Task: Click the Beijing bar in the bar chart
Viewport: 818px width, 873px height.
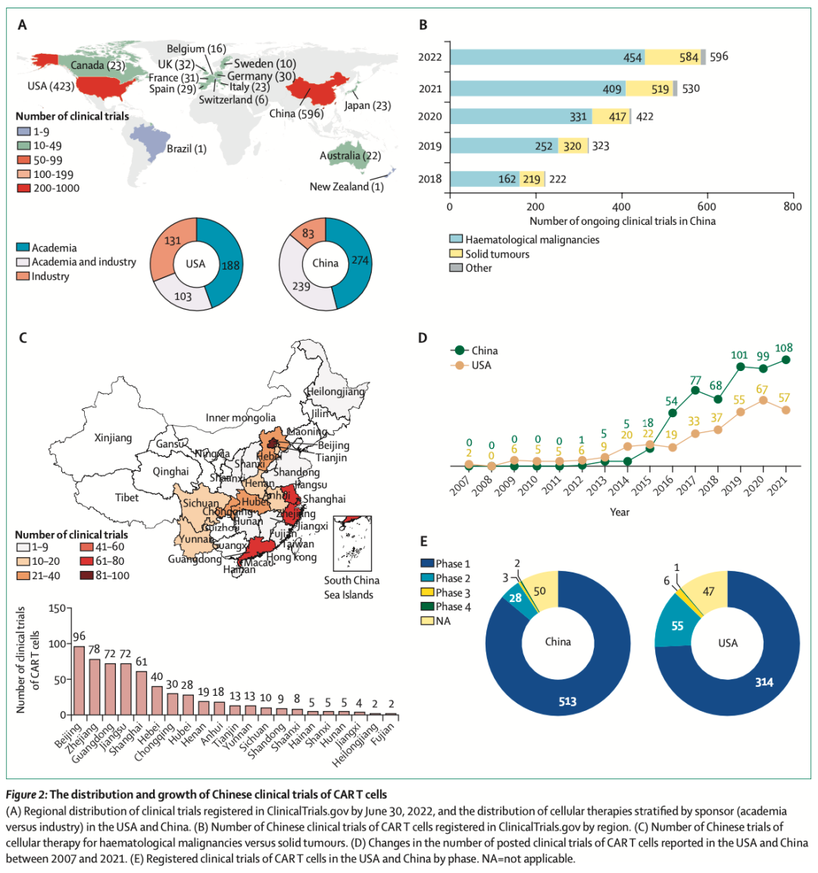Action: pyautogui.click(x=79, y=680)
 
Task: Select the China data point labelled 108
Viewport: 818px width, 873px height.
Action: pyautogui.click(x=785, y=360)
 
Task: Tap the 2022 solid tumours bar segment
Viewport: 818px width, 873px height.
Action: pyautogui.click(x=673, y=57)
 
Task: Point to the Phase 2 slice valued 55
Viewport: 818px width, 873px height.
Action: pyautogui.click(x=676, y=626)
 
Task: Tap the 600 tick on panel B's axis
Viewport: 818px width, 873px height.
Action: pyautogui.click(x=707, y=207)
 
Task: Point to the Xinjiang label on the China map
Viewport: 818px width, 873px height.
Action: pyautogui.click(x=113, y=438)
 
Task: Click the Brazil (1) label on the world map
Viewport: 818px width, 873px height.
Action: pyautogui.click(x=186, y=148)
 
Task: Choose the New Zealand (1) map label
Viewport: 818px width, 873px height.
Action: pyautogui.click(x=346, y=186)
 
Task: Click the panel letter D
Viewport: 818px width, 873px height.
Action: pyautogui.click(x=423, y=338)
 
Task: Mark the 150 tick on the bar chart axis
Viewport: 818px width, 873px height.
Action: pyautogui.click(x=55, y=608)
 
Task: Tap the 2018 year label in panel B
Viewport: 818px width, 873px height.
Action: pyautogui.click(x=429, y=179)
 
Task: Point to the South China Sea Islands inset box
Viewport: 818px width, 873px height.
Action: pyautogui.click(x=352, y=543)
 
